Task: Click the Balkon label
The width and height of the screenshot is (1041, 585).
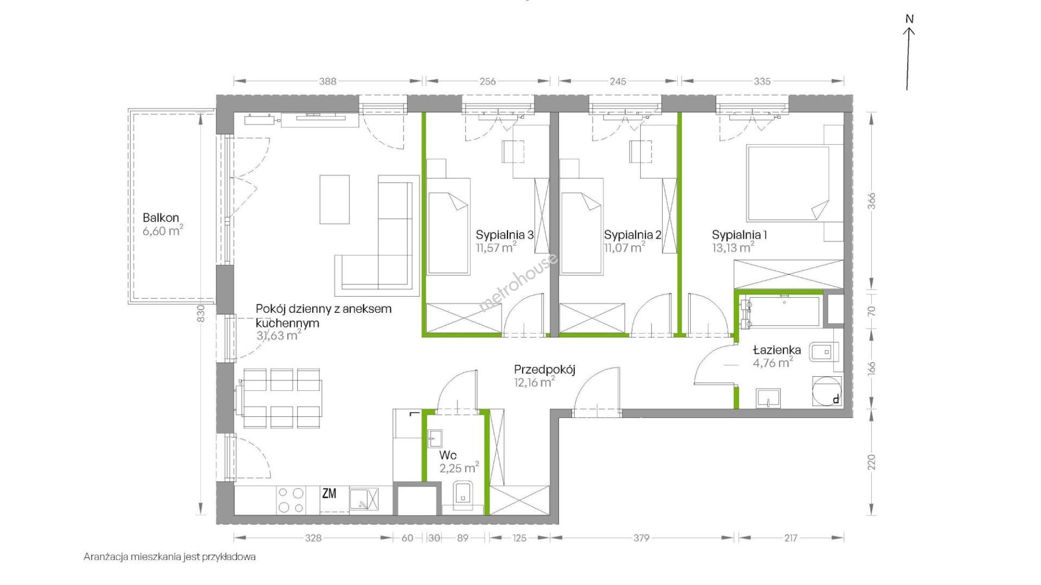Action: (x=160, y=218)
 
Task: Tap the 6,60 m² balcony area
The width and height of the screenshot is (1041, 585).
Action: (x=163, y=232)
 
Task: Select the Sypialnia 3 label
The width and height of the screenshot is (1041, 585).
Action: (x=505, y=235)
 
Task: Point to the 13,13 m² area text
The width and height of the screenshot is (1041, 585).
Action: (x=733, y=248)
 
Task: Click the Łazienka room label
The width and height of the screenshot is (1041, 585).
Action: (x=777, y=350)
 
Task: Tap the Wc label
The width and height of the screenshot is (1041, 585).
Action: (x=448, y=455)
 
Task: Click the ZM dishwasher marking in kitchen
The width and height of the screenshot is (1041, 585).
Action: (x=329, y=493)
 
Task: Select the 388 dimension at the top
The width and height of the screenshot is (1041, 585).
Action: (x=327, y=81)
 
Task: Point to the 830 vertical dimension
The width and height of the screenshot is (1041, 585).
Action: (x=201, y=315)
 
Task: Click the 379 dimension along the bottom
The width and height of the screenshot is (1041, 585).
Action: (x=641, y=538)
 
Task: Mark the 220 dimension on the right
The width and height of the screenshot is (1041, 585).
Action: (x=871, y=462)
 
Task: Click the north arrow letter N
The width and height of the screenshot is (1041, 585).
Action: (x=910, y=19)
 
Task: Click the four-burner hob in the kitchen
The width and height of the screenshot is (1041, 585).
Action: (x=291, y=500)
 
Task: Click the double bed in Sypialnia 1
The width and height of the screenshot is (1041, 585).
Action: (x=788, y=184)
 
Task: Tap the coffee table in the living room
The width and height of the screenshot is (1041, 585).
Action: (x=334, y=199)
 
